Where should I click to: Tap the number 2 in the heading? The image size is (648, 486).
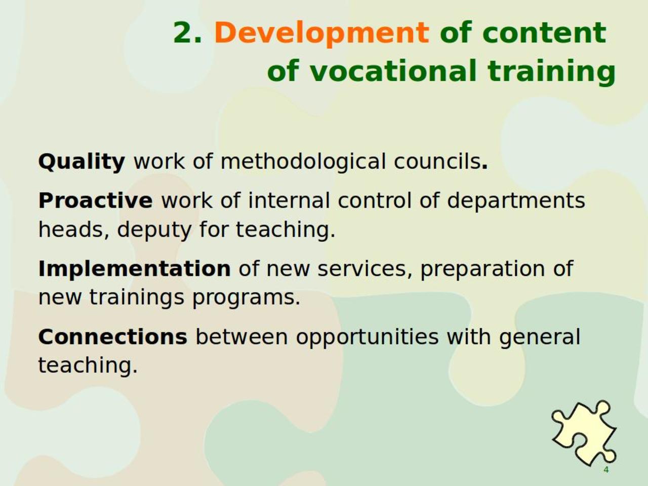(184, 32)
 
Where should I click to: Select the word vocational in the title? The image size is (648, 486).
(393, 70)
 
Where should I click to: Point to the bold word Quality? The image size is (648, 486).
(82, 162)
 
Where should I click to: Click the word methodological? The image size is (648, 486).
(303, 162)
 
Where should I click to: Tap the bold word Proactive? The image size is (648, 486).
(95, 200)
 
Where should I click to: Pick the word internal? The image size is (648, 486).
(289, 200)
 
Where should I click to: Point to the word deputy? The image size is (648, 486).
(154, 230)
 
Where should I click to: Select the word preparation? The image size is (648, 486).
(482, 270)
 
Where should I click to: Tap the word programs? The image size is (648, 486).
(246, 298)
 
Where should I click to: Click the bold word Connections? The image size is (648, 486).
(113, 337)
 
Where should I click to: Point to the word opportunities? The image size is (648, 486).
(367, 338)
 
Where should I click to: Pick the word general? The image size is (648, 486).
(540, 338)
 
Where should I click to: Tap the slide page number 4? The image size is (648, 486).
(606, 470)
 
